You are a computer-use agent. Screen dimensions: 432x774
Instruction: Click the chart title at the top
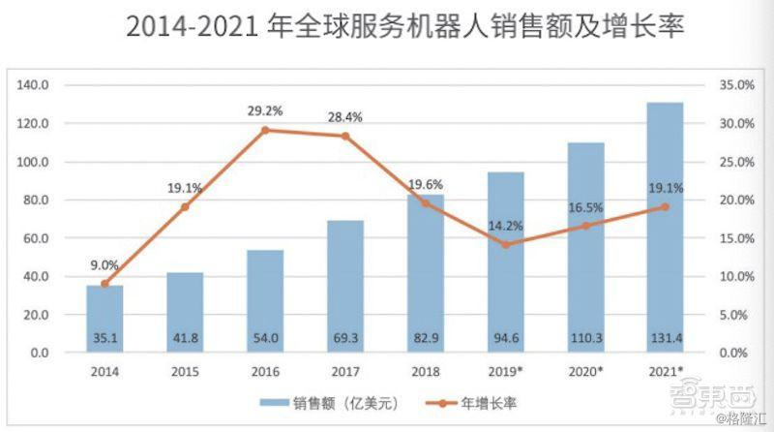click(x=405, y=27)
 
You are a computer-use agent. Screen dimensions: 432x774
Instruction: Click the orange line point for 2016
click(x=265, y=130)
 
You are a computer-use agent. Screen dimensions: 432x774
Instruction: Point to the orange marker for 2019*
click(x=505, y=244)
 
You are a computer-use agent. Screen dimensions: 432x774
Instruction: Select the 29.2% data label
click(x=265, y=111)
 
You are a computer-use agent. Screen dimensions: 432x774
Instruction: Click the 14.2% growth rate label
click(x=505, y=227)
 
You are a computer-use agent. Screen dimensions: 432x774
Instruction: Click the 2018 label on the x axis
click(x=425, y=371)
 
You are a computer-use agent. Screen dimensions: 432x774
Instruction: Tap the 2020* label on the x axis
click(x=585, y=371)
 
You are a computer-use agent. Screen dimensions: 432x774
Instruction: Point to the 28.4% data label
click(x=345, y=117)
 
